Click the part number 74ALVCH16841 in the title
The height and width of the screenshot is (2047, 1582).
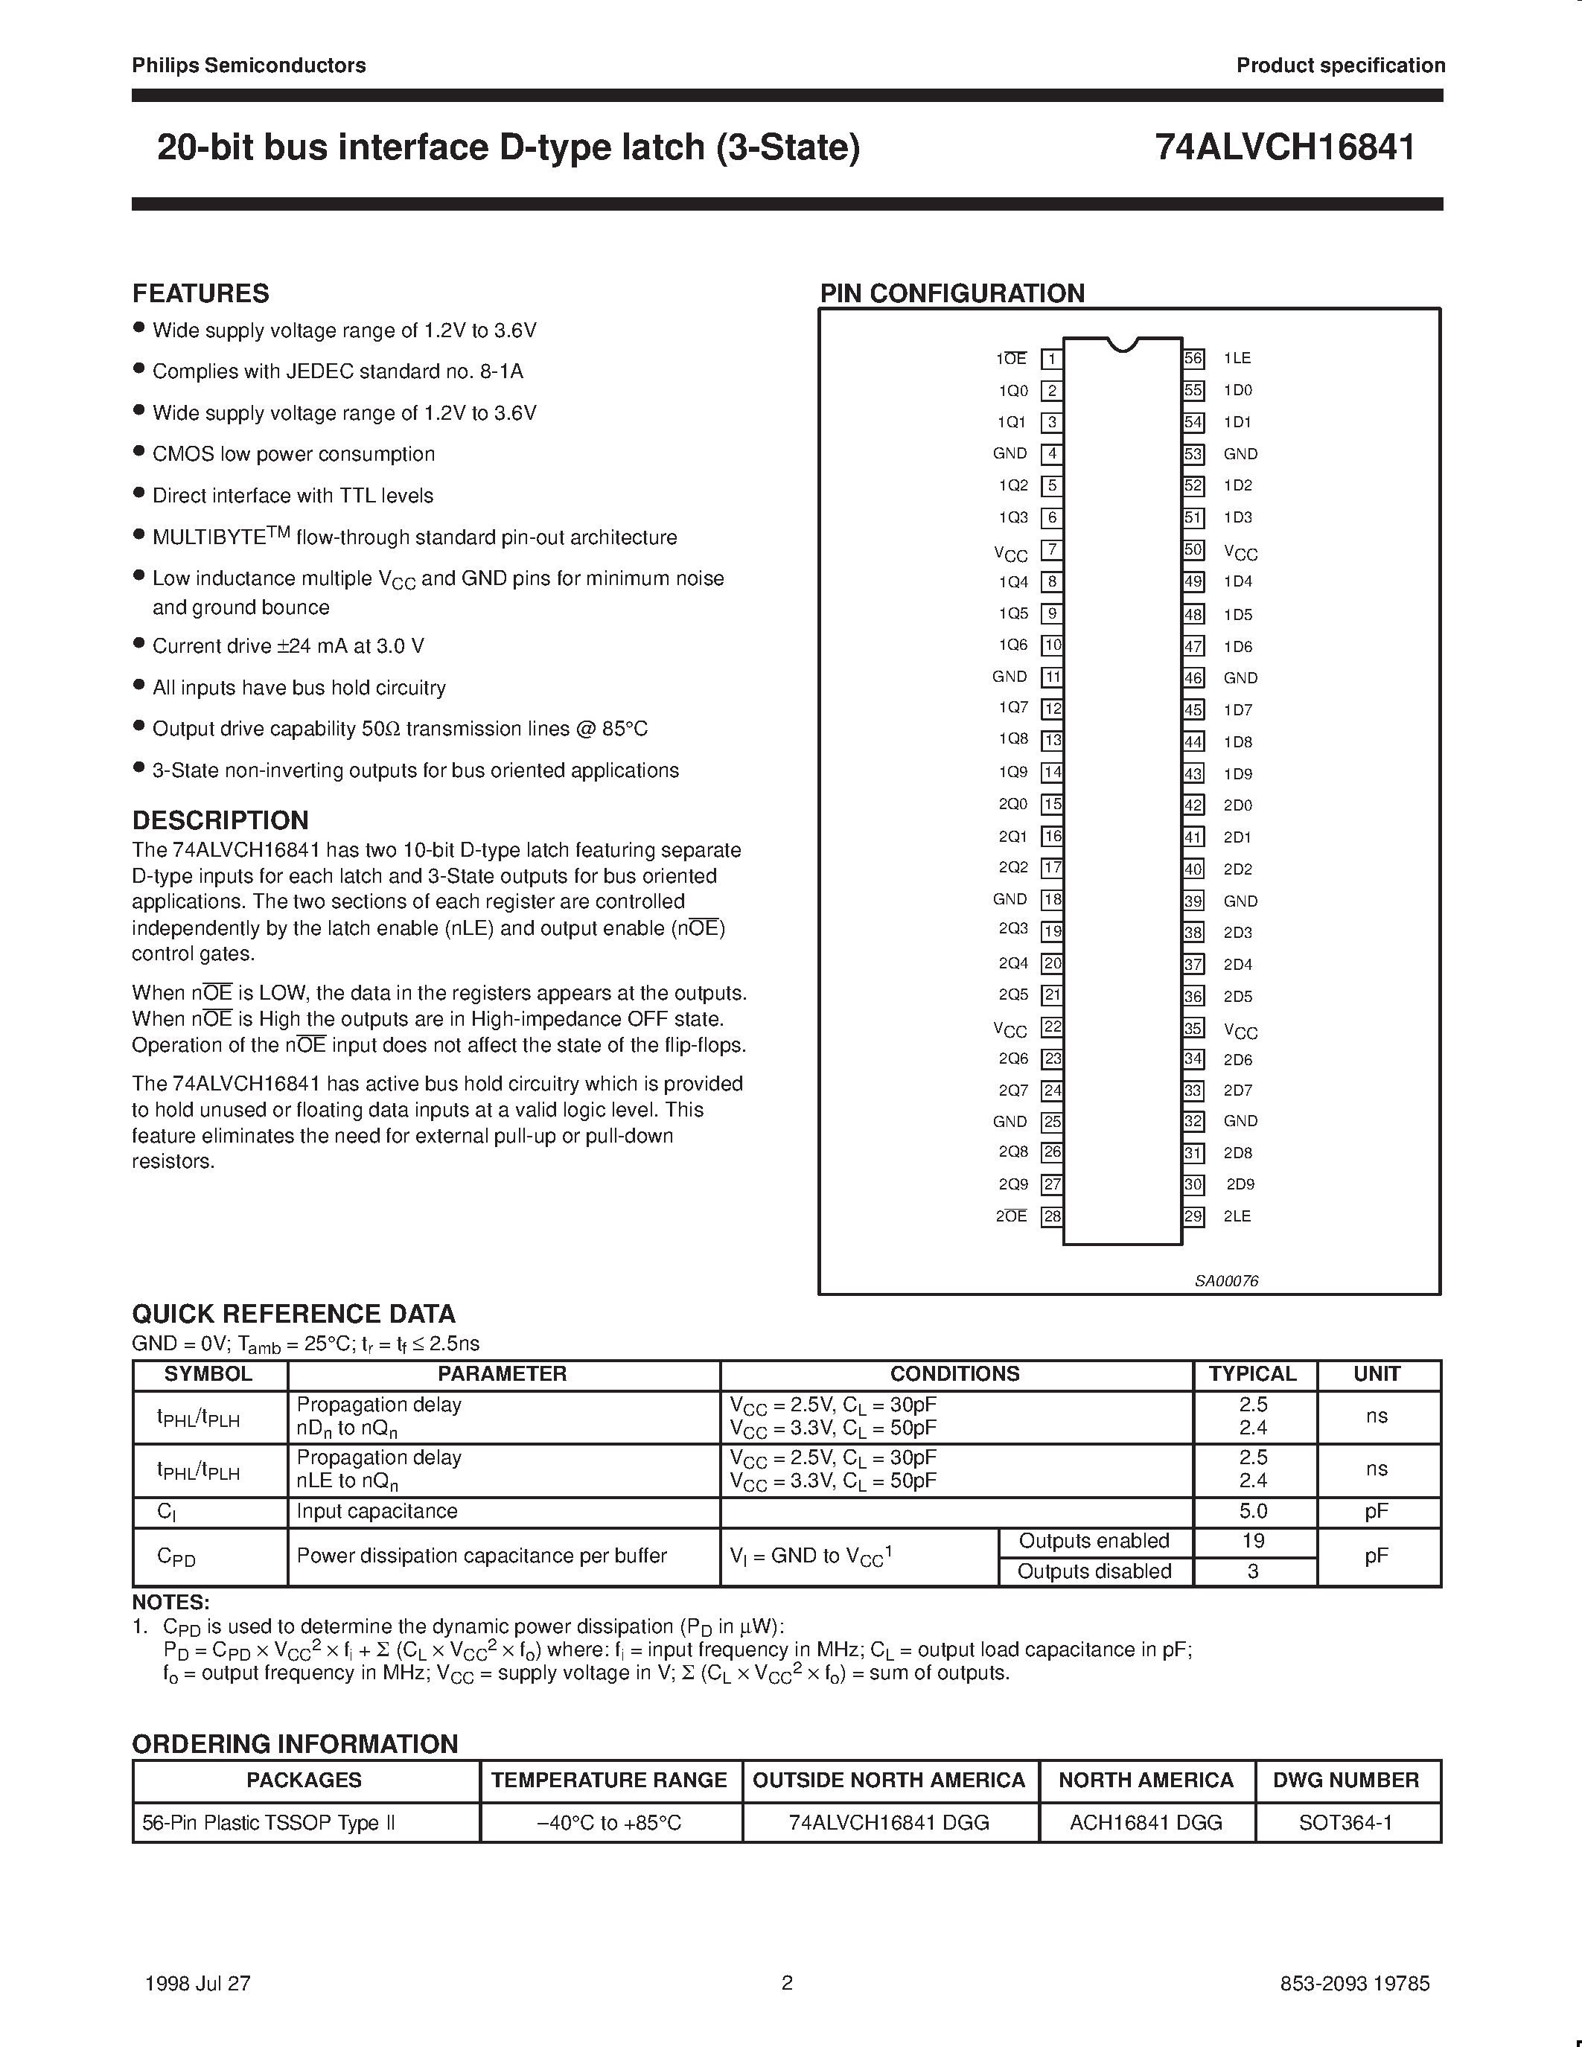[1285, 147]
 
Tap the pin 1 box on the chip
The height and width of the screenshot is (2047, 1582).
[1051, 359]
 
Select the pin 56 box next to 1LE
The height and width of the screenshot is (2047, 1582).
[1193, 358]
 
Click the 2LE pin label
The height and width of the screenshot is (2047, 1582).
[1237, 1216]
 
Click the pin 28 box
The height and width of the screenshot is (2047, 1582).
[1051, 1216]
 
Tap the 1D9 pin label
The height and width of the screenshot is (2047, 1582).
[1237, 774]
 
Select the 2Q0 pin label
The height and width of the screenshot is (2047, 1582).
[1013, 804]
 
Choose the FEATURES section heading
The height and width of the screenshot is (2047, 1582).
[200, 293]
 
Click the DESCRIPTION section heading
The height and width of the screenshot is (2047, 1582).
[220, 820]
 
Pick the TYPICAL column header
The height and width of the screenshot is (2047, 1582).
[1252, 1374]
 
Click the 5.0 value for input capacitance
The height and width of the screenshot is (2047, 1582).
[1253, 1511]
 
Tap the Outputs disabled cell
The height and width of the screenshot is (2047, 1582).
[1094, 1571]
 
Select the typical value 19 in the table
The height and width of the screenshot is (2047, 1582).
[1253, 1541]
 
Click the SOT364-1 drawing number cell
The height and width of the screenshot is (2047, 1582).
[1346, 1822]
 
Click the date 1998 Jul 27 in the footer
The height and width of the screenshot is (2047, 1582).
[198, 1983]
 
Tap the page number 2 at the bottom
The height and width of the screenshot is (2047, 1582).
[787, 1982]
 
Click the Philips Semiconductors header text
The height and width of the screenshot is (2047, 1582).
[249, 66]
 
